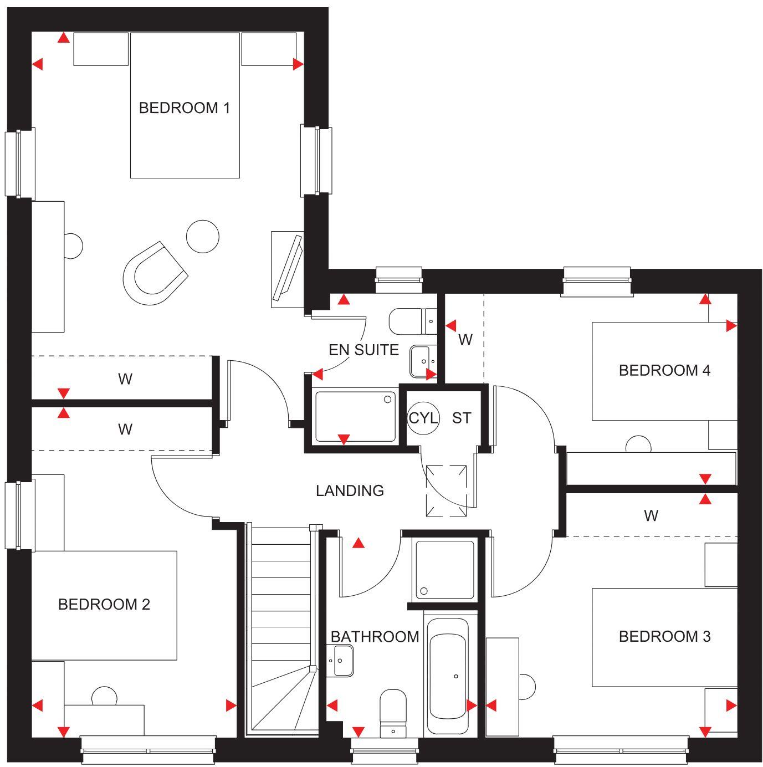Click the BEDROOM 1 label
point(184,108)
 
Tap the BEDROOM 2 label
point(104,604)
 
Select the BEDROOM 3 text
point(664,636)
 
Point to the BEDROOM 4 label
point(664,370)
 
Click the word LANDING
point(350,490)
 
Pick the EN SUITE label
point(363,350)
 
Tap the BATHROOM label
point(375,637)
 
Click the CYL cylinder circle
point(423,417)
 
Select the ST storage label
point(462,418)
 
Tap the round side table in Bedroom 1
point(202,236)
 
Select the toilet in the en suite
point(412,321)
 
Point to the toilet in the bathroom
point(393,713)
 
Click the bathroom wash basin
point(340,661)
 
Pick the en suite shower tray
point(355,417)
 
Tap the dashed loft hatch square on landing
point(446,490)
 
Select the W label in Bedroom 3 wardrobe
point(651,516)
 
